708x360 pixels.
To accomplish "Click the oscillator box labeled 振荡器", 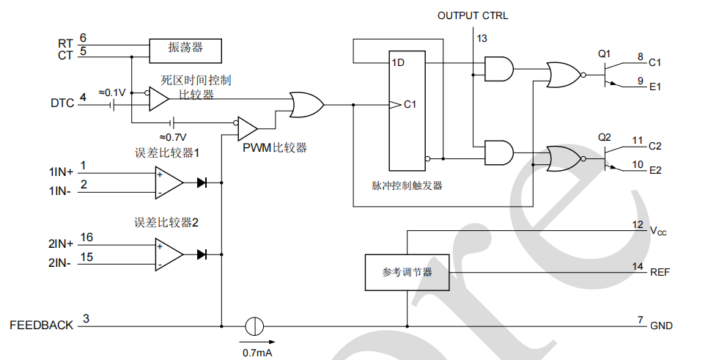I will pyautogui.click(x=185, y=50).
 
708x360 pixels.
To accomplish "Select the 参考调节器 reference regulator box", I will pyautogui.click(x=407, y=271).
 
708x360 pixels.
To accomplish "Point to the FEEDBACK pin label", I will pyautogui.click(x=41, y=325).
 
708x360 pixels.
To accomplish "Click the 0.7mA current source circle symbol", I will pyautogui.click(x=254, y=325).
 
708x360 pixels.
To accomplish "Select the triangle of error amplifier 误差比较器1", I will pyautogui.click(x=168, y=183).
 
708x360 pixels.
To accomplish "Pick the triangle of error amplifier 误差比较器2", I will pyautogui.click(x=168, y=254).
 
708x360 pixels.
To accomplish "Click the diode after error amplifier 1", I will pyautogui.click(x=202, y=183).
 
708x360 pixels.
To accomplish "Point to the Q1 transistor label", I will pyautogui.click(x=604, y=53).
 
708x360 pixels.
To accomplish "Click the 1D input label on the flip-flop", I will pyautogui.click(x=398, y=63).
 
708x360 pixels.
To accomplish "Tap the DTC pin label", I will pyautogui.click(x=62, y=103).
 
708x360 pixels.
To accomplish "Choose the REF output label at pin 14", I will pyautogui.click(x=660, y=272).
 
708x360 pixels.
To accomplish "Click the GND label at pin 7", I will pyautogui.click(x=661, y=326).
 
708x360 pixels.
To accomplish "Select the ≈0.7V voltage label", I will pyautogui.click(x=173, y=136).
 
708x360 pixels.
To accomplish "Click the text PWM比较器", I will pyautogui.click(x=275, y=147).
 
